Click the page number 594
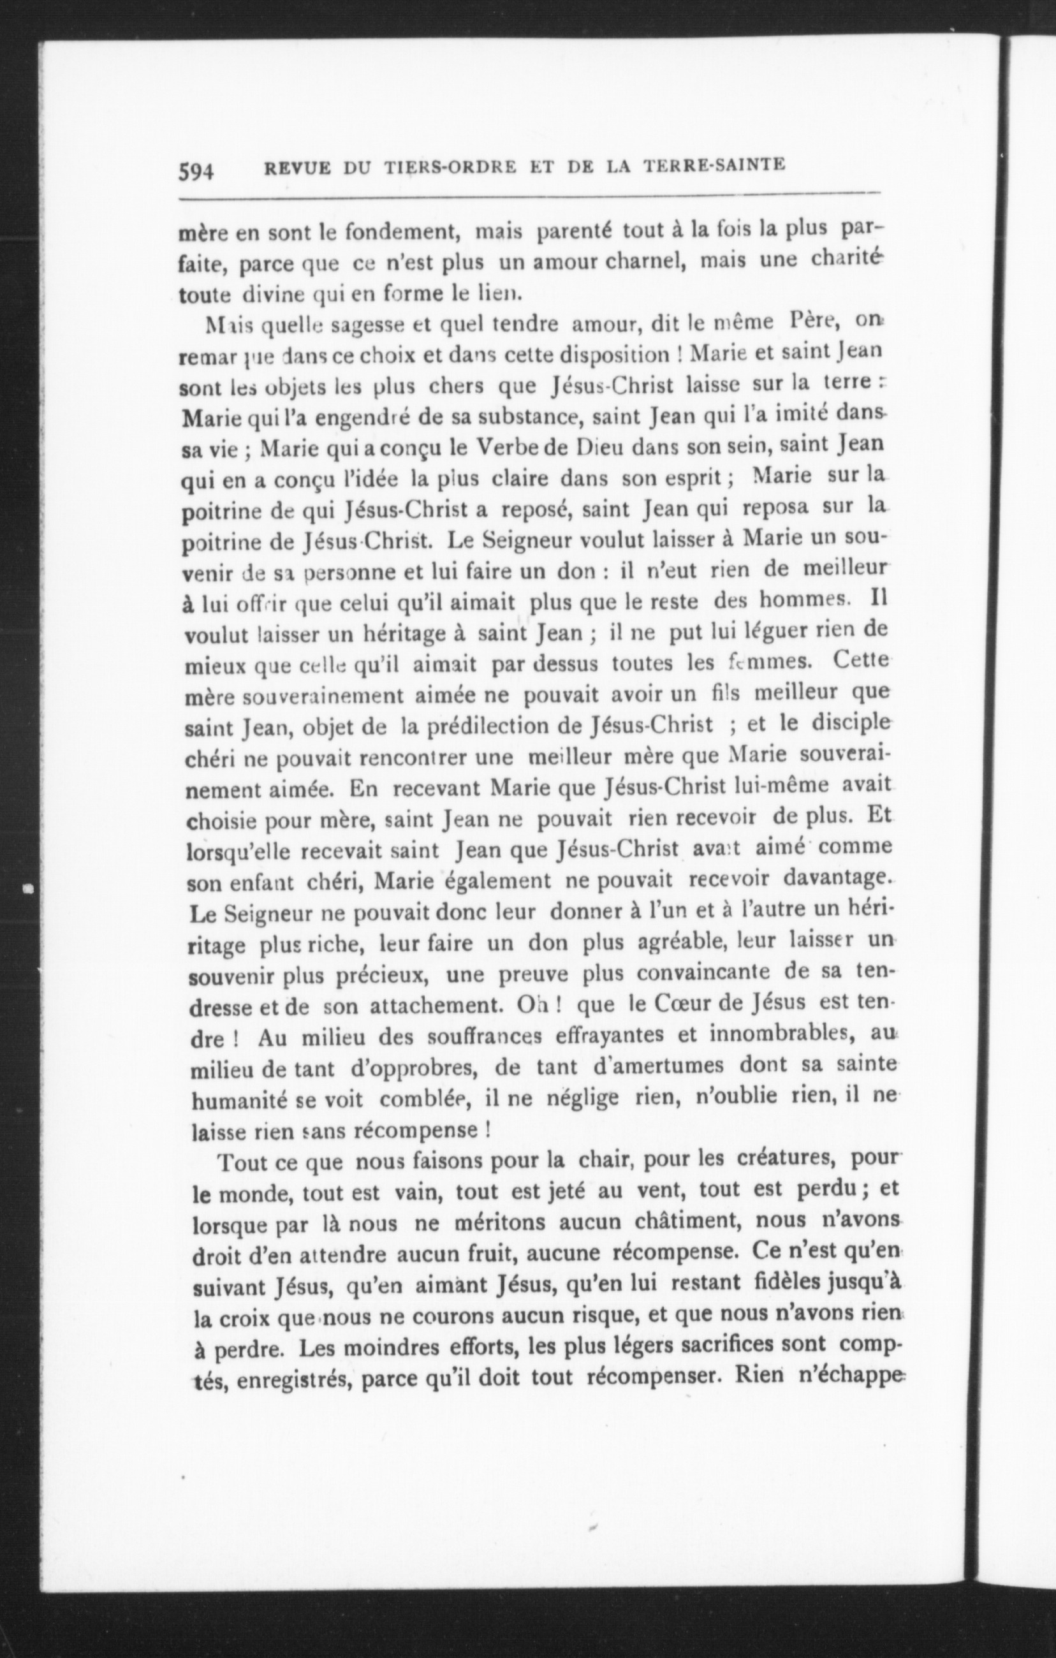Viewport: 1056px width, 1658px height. (196, 170)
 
